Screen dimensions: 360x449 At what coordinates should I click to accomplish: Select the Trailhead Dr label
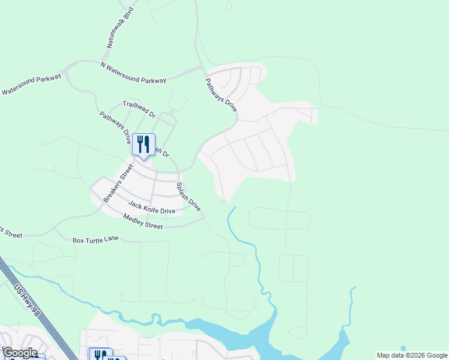(x=139, y=109)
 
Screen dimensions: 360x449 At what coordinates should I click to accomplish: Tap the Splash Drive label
(x=188, y=196)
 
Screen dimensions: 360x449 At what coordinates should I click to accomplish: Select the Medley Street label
(x=143, y=221)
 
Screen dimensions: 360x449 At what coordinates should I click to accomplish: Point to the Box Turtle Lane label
(x=96, y=240)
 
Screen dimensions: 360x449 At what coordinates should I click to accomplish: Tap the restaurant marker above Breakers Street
(x=143, y=144)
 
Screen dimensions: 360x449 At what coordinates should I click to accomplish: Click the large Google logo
(x=20, y=353)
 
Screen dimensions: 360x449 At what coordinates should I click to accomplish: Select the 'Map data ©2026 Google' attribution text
(x=412, y=355)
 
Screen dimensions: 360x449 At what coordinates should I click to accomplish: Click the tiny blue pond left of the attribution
(x=403, y=348)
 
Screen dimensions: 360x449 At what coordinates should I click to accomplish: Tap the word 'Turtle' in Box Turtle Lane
(x=97, y=240)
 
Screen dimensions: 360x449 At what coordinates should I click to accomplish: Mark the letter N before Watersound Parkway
(x=103, y=64)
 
